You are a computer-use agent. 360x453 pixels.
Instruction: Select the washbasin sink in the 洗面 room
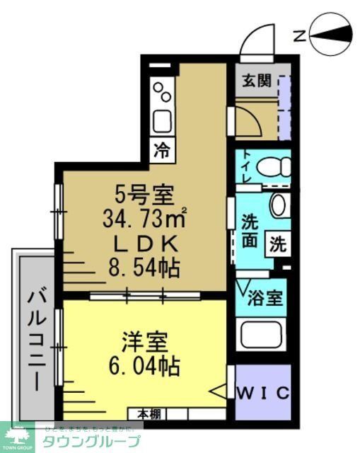coord(279,205)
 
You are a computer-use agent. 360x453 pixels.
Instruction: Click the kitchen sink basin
coord(162,121)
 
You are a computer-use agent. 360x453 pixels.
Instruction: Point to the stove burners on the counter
coord(163,91)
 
